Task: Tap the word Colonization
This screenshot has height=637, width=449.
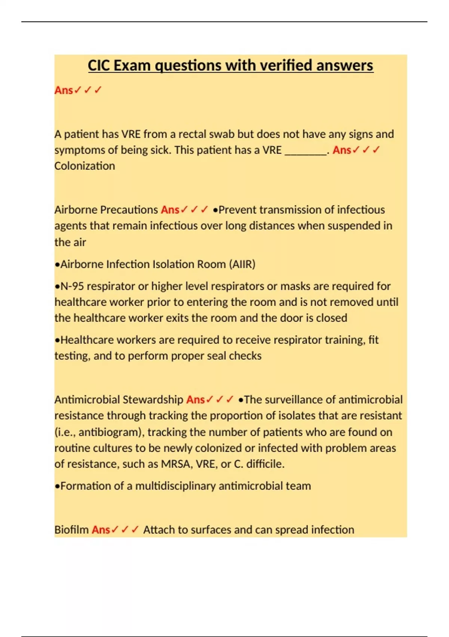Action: click(85, 166)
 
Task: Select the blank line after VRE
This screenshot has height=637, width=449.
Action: click(306, 150)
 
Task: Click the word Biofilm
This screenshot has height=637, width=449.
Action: click(71, 530)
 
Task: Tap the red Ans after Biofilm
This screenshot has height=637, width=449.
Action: click(101, 530)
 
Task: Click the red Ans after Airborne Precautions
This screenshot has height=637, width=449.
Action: click(170, 210)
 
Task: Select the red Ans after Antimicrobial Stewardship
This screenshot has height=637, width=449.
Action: click(195, 400)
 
